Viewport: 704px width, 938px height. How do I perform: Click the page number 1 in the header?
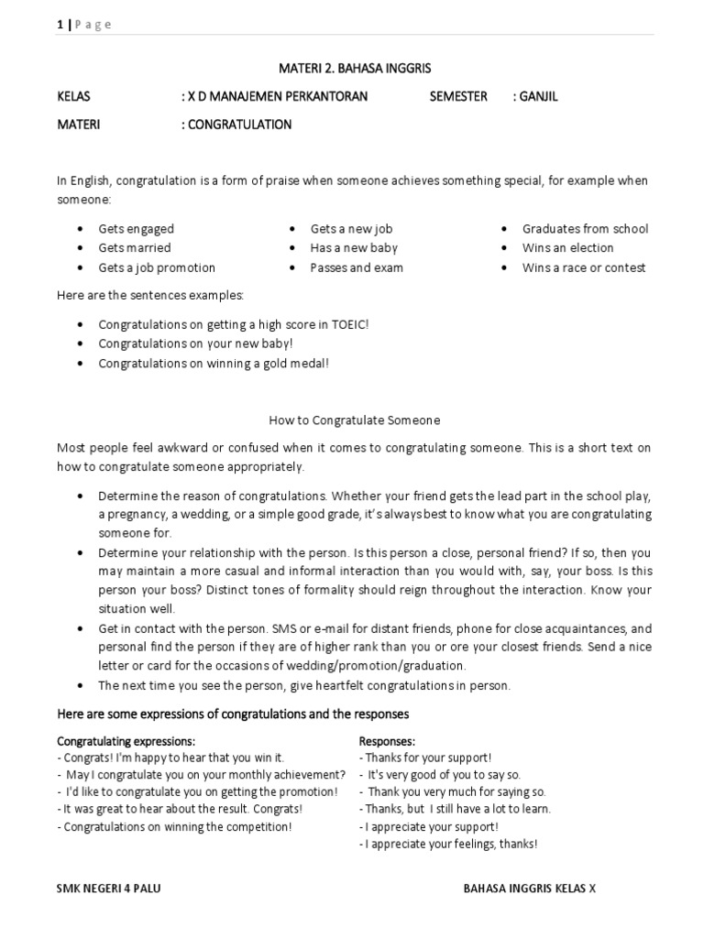tap(60, 25)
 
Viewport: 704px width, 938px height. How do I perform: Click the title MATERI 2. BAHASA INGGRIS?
tap(354, 69)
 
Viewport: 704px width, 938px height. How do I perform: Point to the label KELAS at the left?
tap(74, 96)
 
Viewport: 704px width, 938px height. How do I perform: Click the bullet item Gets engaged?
tap(136, 229)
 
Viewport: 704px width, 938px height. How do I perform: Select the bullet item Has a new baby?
tap(354, 248)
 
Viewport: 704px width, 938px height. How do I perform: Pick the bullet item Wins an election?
tap(567, 248)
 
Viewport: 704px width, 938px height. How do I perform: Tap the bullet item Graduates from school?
tap(585, 229)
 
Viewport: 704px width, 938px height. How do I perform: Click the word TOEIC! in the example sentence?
tap(349, 324)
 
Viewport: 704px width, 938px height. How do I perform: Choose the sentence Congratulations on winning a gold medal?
tap(213, 363)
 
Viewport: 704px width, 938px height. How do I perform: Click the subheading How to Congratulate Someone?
tap(354, 420)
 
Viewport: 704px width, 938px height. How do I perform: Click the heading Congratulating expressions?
tap(126, 740)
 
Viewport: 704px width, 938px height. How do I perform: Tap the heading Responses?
tap(388, 740)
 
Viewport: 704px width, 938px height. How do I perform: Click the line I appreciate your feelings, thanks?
tap(449, 844)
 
